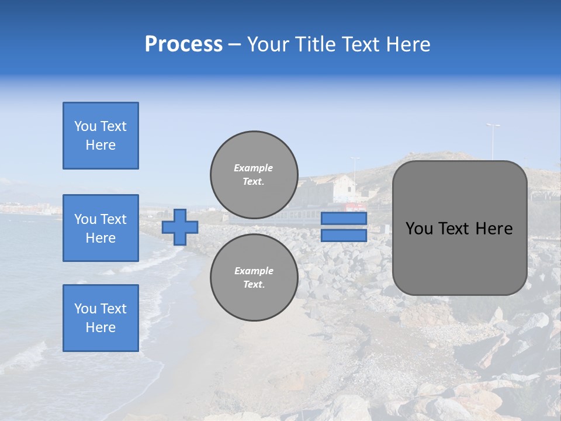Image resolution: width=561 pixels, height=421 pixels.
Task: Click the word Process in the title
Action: (183, 44)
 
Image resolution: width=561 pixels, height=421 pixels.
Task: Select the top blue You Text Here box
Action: (101, 136)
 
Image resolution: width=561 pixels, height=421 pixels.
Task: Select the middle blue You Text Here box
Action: (101, 228)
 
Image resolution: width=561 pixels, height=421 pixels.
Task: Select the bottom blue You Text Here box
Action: (101, 318)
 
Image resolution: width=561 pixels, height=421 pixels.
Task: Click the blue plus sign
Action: (180, 227)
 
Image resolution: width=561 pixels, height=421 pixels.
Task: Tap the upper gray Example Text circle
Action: (254, 175)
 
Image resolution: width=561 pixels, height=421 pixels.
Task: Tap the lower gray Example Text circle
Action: (254, 278)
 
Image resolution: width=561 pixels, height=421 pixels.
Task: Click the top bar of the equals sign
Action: (344, 219)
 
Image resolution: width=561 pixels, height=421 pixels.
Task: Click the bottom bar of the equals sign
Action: (344, 236)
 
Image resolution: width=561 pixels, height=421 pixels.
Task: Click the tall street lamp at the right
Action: (493, 140)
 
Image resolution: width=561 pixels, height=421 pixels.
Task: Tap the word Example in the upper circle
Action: (254, 168)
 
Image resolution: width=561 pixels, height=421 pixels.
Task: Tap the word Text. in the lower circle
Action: (254, 285)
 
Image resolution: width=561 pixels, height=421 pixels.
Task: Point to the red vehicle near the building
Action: (354, 207)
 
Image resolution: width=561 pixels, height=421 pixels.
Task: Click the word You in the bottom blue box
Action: (85, 309)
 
